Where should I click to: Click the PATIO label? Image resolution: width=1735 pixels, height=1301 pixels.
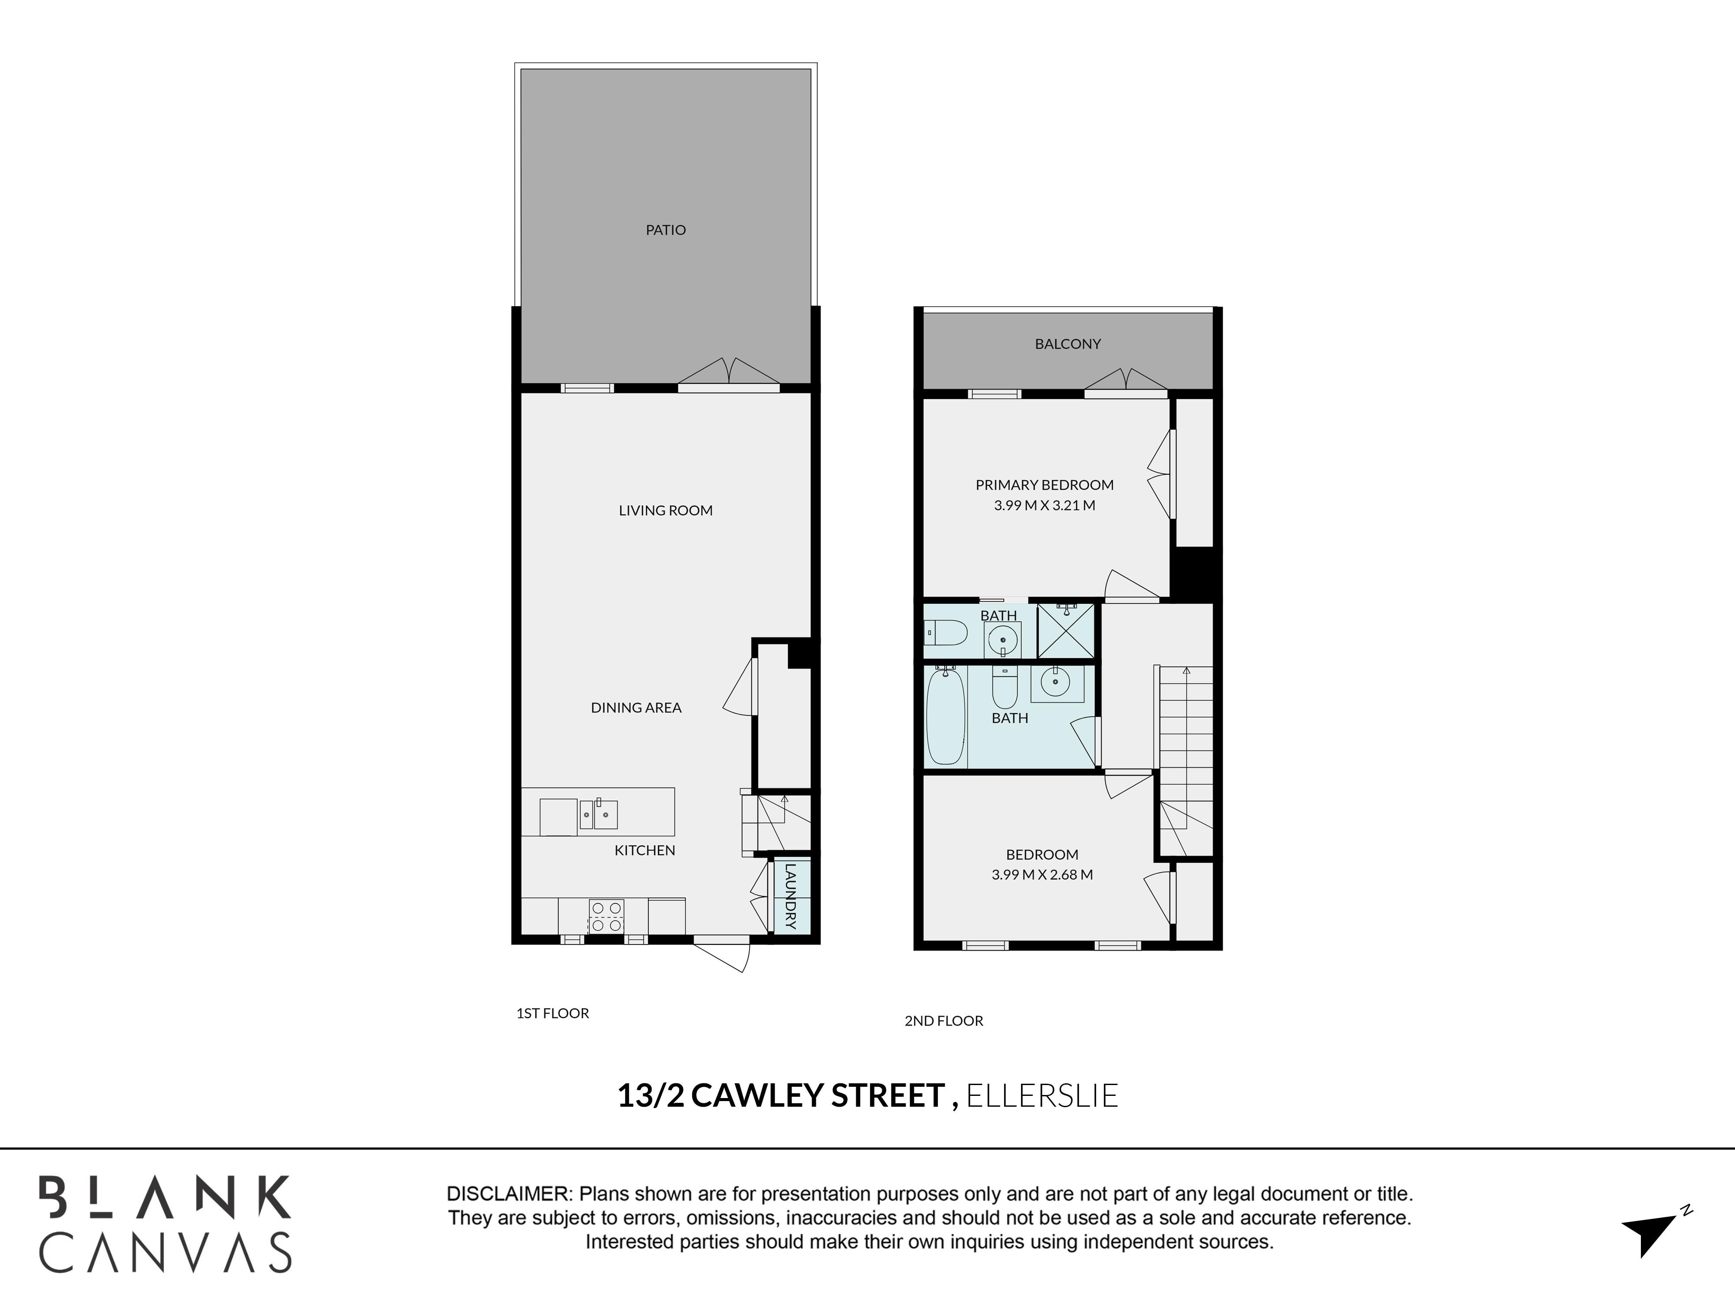click(x=665, y=230)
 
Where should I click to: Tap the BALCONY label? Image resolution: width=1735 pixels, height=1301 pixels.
click(x=1067, y=343)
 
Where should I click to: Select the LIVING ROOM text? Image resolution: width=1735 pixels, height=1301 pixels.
click(x=665, y=510)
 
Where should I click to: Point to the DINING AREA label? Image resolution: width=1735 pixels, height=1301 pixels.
click(x=636, y=707)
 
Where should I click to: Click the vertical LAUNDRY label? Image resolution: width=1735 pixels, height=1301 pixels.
click(x=790, y=896)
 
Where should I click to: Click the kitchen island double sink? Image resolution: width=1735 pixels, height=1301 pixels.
click(x=599, y=815)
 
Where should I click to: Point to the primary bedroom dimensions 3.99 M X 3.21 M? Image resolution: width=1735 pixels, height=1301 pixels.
click(x=1044, y=506)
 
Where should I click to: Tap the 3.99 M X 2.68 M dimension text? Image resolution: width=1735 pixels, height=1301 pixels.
click(x=1041, y=874)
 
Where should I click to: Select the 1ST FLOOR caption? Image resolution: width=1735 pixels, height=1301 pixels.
click(x=552, y=1013)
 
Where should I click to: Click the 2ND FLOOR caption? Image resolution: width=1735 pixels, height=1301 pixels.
click(x=943, y=1021)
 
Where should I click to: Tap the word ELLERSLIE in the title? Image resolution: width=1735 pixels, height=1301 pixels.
click(x=1041, y=1095)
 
